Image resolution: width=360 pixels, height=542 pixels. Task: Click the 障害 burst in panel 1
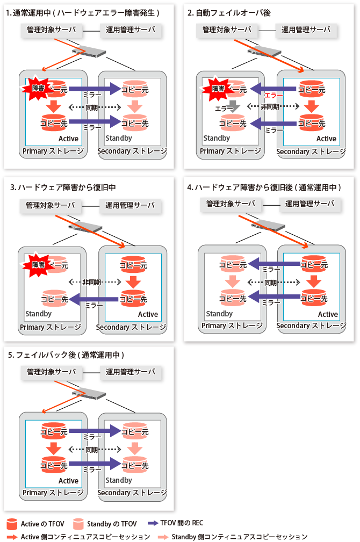(38, 87)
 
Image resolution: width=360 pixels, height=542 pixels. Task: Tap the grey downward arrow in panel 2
(234, 106)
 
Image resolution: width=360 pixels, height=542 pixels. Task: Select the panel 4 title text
(264, 187)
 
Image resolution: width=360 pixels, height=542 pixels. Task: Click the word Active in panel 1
(68, 139)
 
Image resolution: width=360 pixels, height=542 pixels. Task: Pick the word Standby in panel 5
(119, 480)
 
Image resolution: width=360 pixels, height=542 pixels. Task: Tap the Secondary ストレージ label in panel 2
(311, 151)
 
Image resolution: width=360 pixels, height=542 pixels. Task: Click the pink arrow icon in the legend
(163, 537)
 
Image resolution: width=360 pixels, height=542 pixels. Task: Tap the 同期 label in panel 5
(92, 450)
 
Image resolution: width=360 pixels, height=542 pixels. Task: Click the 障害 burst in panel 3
(38, 264)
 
